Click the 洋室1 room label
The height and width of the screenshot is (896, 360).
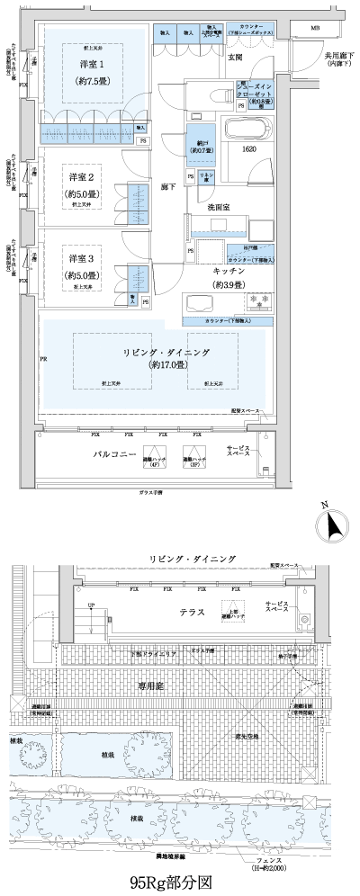click(x=88, y=66)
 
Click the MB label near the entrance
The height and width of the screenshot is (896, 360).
click(x=315, y=29)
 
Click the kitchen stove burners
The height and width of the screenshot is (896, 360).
click(x=265, y=300)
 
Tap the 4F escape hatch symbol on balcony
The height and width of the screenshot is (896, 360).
click(x=159, y=456)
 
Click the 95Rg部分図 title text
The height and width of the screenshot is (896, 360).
click(x=180, y=881)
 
